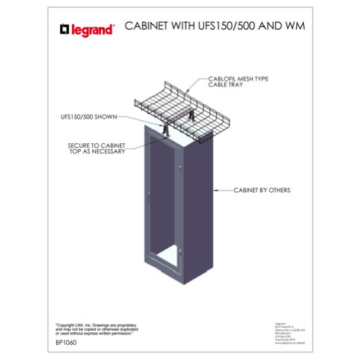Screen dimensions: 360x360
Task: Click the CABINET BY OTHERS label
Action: tap(262, 190)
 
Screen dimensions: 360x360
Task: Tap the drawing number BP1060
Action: tap(69, 343)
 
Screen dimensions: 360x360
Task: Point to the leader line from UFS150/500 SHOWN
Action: tap(139, 120)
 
